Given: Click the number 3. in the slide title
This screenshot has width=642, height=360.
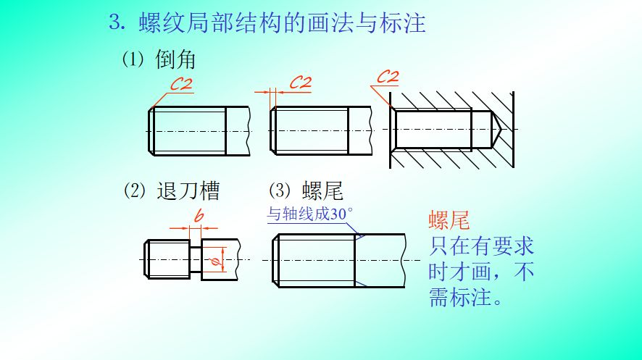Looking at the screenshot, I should (117, 22).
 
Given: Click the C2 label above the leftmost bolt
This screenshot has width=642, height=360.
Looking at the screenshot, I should (182, 84).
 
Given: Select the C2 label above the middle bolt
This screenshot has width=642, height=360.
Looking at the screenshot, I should (300, 82).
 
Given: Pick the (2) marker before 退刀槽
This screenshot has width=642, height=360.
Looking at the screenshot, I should (135, 191).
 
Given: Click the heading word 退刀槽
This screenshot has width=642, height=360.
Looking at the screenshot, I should (188, 191).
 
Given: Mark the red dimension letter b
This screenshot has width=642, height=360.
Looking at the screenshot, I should (199, 217).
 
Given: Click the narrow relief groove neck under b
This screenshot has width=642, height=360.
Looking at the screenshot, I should (196, 259).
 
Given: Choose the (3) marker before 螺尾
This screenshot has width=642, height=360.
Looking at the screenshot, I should (280, 191).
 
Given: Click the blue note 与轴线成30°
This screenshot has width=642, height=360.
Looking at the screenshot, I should (309, 214).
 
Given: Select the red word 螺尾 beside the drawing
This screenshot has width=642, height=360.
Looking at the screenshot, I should (449, 221).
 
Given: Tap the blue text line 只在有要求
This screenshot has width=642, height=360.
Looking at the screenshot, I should (481, 246).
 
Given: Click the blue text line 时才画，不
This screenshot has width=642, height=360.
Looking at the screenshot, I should (481, 272).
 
